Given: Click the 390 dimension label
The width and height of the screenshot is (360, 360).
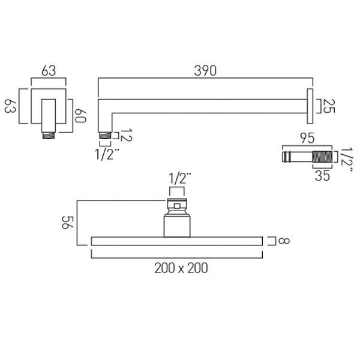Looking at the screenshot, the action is (205, 71).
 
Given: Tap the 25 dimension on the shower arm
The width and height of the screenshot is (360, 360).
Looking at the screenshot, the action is (329, 106).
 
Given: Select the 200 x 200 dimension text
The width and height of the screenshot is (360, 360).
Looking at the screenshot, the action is (181, 268).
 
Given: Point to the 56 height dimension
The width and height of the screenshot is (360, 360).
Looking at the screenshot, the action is (67, 222).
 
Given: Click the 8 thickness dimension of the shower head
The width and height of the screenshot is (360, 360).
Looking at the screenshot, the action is (284, 241).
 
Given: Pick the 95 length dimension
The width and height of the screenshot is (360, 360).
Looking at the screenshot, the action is (307, 138).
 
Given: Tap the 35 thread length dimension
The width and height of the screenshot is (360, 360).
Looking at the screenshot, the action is (322, 176).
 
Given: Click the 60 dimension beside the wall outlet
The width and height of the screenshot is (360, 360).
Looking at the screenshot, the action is (80, 116).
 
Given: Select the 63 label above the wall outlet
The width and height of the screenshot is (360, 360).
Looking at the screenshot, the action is (49, 71).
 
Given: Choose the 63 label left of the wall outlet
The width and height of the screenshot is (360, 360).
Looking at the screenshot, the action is (10, 106).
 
